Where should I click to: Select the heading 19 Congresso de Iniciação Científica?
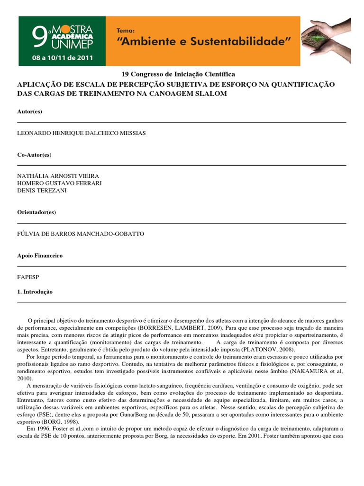[178, 75]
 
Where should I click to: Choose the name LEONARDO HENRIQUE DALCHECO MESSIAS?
[81, 133]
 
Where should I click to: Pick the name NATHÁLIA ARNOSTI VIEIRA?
[58, 176]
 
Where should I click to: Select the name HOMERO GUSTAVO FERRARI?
[59, 183]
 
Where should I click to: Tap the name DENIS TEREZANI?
[42, 190]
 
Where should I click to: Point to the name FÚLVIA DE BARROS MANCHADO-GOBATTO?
[81, 234]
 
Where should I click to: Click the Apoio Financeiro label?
[40, 255]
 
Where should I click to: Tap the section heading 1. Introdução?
[35, 292]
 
